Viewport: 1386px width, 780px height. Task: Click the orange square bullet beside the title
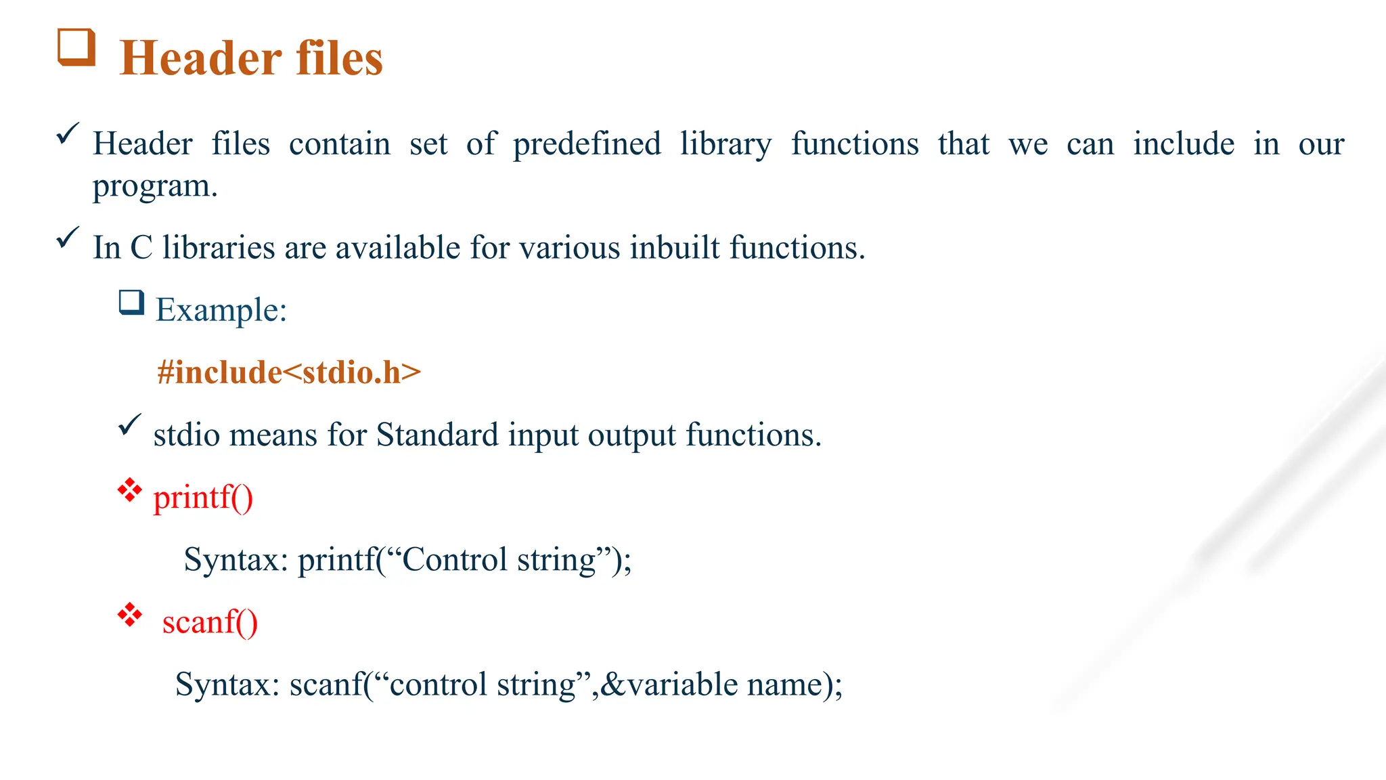pos(76,47)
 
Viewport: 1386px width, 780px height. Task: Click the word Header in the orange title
pos(200,58)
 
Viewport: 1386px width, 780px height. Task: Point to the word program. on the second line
pos(155,186)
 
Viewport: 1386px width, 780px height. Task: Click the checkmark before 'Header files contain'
pos(68,133)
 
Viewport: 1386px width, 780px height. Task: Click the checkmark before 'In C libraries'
pos(68,237)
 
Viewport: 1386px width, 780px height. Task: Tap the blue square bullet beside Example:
pos(132,302)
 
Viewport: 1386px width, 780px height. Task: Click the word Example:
pos(221,310)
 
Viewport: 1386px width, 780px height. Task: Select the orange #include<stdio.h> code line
pos(289,372)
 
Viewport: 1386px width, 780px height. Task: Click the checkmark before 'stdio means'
pos(129,425)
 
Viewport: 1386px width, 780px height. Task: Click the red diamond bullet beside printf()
pos(129,490)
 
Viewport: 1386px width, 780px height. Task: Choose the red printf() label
pos(203,498)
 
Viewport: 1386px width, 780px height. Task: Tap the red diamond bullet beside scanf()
pos(129,615)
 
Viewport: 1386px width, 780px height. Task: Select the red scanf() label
pos(210,622)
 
